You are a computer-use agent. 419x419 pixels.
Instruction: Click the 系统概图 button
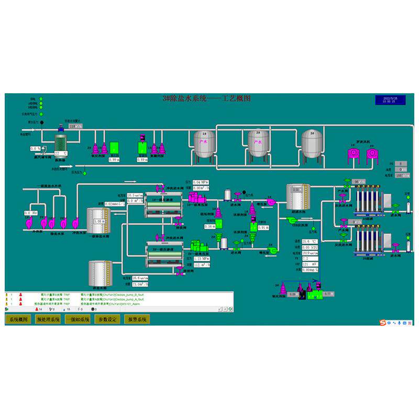coord(18,319)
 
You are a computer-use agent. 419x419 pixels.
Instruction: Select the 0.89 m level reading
coord(142,159)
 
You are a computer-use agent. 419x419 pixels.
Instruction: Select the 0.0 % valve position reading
coord(35,148)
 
